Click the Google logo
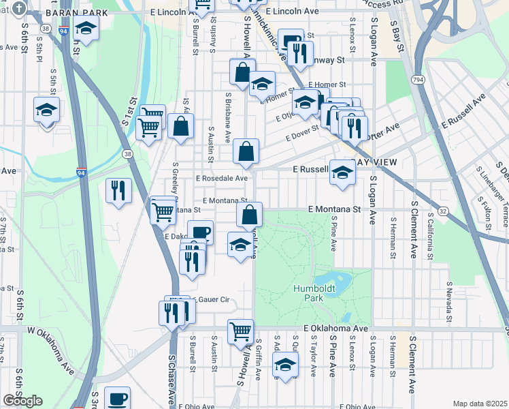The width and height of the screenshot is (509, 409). coord(22,401)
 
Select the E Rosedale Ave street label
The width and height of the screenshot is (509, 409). coord(222,178)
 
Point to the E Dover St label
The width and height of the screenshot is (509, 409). coord(302,133)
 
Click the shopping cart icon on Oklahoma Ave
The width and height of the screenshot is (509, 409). coord(240,331)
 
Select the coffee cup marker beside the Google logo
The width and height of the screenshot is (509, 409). coord(117,398)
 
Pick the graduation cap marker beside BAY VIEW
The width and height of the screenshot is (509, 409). coord(342,171)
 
